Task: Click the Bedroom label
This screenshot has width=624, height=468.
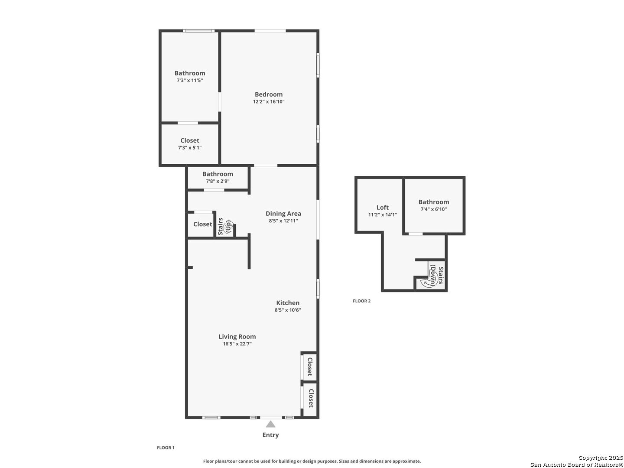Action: click(268, 94)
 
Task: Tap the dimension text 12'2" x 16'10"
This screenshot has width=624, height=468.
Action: click(269, 101)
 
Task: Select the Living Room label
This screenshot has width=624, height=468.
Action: click(237, 337)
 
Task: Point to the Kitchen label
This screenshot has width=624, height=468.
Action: click(288, 303)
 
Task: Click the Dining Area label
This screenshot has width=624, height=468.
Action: click(283, 214)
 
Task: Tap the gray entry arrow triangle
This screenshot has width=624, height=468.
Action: click(270, 424)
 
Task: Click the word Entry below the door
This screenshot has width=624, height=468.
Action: click(270, 435)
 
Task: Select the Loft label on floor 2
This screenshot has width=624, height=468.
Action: click(382, 208)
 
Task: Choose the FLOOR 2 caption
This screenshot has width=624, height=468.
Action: click(361, 301)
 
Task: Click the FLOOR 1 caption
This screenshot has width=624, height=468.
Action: click(166, 448)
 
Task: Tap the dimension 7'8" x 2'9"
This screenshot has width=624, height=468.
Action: click(218, 181)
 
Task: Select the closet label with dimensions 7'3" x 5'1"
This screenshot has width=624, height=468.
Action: click(190, 141)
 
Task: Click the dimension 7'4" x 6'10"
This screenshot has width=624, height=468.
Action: click(433, 209)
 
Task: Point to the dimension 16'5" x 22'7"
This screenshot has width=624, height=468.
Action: click(237, 344)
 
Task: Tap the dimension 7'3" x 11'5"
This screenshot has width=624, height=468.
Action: click(190, 81)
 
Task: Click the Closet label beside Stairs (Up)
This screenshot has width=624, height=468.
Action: click(202, 224)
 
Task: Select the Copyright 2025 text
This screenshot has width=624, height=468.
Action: click(601, 458)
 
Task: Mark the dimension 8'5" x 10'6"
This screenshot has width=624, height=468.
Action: click(288, 310)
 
